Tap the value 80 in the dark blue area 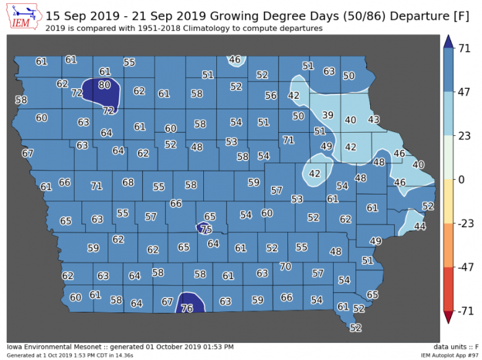coord(104,85)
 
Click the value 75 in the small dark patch coord(206,229)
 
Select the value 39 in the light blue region coord(328,115)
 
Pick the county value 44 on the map coord(420,227)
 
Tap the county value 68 coord(128,183)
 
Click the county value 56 coord(271,96)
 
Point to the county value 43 coord(374,119)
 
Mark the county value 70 coord(285,267)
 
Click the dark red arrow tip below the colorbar coord(448,318)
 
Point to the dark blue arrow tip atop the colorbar coord(448,41)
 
